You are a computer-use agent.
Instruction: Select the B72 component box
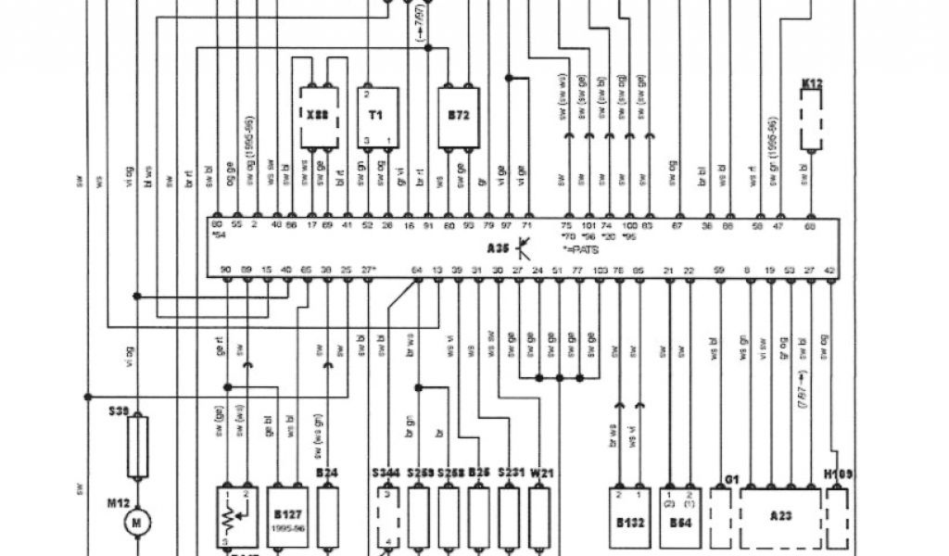[458, 115]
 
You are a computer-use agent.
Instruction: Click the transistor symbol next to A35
[525, 247]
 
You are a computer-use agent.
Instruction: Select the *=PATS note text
[580, 250]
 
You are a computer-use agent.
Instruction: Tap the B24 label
[325, 473]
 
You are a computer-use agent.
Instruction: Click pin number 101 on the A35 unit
[588, 225]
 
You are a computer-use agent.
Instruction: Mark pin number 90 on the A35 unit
[225, 270]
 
